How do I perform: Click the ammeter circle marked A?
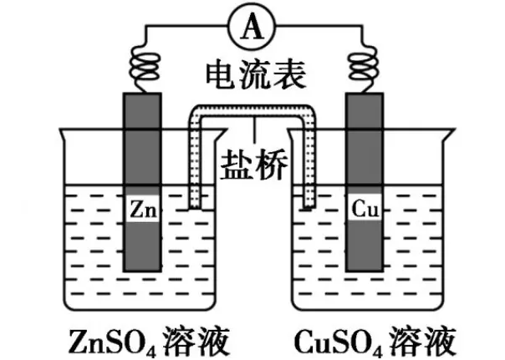click(x=251, y=28)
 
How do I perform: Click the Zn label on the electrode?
click(x=141, y=210)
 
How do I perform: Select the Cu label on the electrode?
click(x=365, y=210)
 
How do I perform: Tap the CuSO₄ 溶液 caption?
click(x=375, y=341)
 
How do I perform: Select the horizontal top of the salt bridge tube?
click(x=252, y=112)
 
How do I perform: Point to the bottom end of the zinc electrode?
click(x=141, y=269)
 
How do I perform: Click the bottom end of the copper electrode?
click(x=365, y=269)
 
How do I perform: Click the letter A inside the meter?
click(x=251, y=28)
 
